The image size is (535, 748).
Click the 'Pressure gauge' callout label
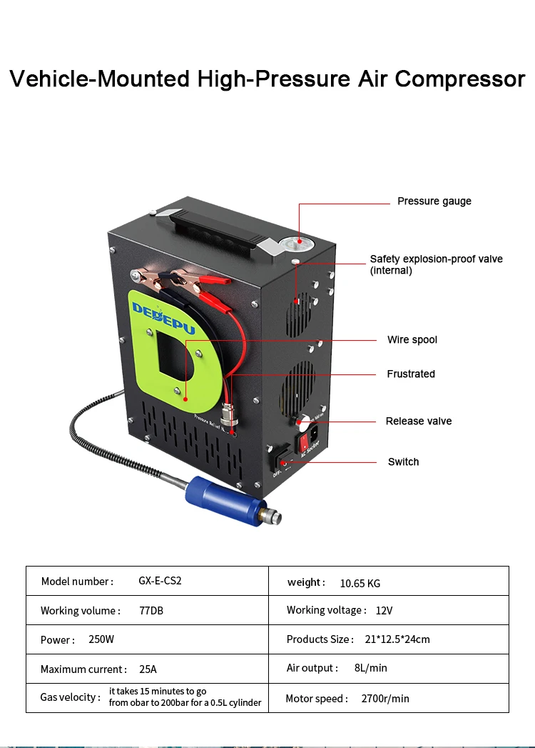click(434, 201)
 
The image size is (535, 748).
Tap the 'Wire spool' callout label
click(412, 339)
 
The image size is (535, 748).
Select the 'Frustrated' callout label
click(410, 374)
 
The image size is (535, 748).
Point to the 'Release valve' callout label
click(418, 421)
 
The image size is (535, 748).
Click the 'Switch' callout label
click(403, 462)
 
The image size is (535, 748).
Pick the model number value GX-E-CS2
click(160, 581)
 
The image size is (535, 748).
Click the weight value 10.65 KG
click(360, 583)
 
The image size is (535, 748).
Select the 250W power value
click(101, 639)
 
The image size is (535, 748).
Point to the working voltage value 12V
click(384, 610)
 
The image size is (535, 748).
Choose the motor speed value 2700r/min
click(385, 698)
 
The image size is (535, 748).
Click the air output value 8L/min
click(370, 668)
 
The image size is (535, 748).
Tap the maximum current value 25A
click(148, 669)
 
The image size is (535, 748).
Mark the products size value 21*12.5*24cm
click(397, 639)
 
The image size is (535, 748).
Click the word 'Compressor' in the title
click(459, 78)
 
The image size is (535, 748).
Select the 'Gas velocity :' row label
click(70, 697)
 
